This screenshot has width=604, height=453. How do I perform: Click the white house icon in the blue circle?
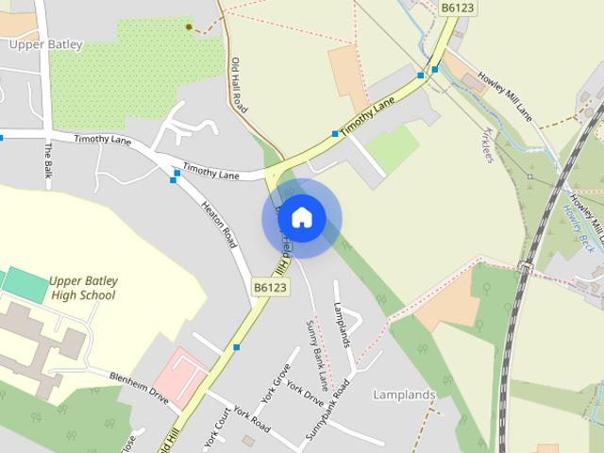(x=302, y=218)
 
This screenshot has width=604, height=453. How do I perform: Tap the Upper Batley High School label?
(x=81, y=288)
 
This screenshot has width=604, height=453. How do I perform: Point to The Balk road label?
(x=48, y=160)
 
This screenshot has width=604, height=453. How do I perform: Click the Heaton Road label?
(x=219, y=225)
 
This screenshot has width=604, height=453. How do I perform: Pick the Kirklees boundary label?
(x=488, y=143)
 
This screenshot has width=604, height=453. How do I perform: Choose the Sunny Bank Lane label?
(x=317, y=355)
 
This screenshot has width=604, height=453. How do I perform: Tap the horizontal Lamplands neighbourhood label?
(x=404, y=394)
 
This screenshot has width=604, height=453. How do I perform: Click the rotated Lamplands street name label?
(x=342, y=324)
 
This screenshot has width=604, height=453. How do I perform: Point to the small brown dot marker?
(x=189, y=27)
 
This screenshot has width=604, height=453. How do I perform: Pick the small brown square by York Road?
(x=248, y=440)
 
